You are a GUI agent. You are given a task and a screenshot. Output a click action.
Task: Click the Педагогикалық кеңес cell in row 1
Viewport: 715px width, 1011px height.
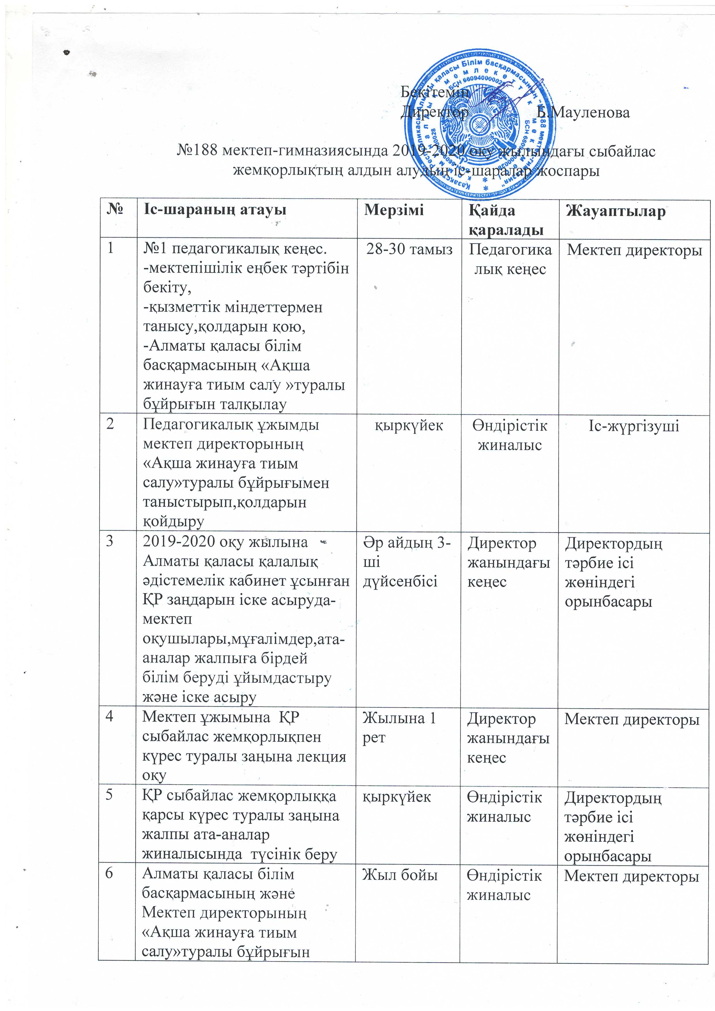click(510, 259)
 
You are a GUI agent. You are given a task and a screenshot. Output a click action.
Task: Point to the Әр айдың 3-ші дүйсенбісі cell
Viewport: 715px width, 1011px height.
click(407, 562)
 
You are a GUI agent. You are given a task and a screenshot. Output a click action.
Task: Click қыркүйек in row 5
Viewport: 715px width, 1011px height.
click(396, 797)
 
